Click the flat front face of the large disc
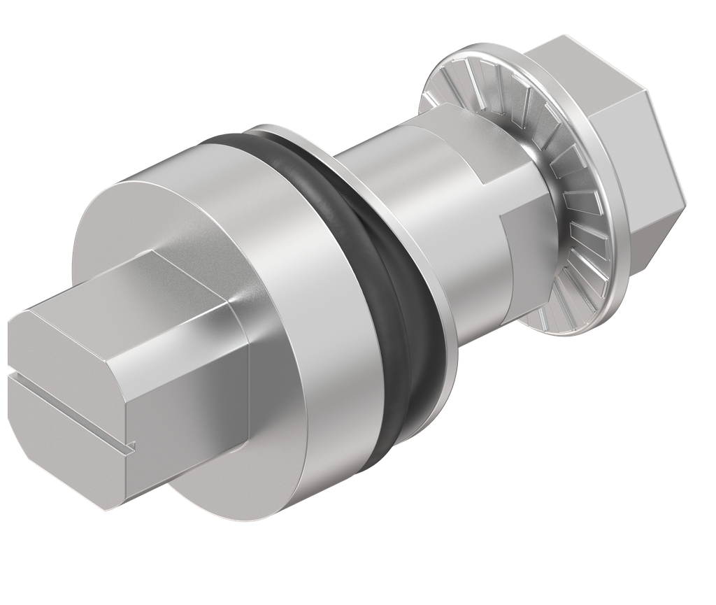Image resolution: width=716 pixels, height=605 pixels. tap(119, 231)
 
